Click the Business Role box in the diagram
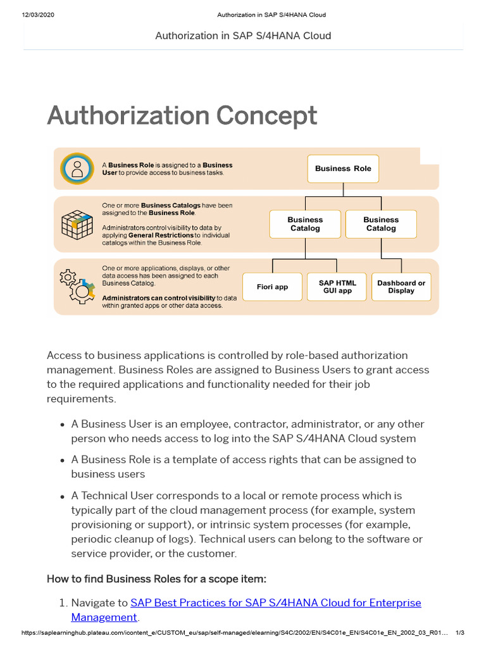coord(343,168)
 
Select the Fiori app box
coord(272,287)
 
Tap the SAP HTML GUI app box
coord(337,287)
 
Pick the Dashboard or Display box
coord(401,287)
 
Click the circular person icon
coord(77,169)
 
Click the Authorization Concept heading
coord(182,116)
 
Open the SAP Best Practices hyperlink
coord(275,603)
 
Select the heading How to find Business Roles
coord(156,579)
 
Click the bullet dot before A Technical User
coord(62,496)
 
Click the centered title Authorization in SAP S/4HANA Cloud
coord(243,35)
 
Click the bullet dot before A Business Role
coord(62,460)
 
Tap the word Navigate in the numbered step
coord(99,603)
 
